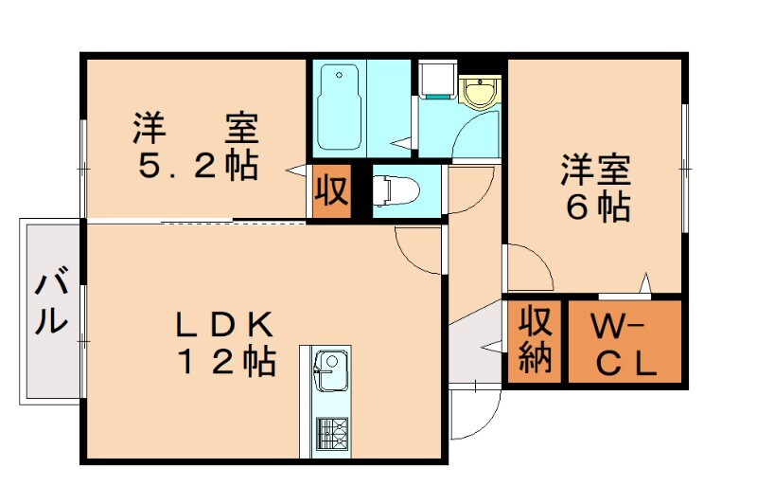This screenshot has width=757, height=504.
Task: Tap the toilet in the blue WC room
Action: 392,189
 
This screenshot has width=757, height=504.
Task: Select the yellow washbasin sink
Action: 481,93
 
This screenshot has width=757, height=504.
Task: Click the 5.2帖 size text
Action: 199,167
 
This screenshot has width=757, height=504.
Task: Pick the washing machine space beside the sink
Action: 436,81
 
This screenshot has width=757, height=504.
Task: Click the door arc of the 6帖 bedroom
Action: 530,265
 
